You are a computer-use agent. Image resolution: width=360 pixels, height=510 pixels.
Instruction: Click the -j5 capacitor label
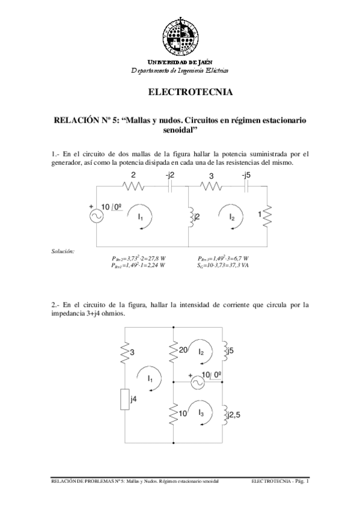click(x=245, y=175)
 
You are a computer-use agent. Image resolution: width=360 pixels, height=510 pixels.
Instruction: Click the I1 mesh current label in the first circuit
click(x=140, y=217)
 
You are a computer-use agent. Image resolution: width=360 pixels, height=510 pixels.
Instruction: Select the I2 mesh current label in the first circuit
click(x=232, y=217)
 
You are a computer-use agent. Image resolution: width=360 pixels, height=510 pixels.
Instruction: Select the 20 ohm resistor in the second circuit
click(x=173, y=351)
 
